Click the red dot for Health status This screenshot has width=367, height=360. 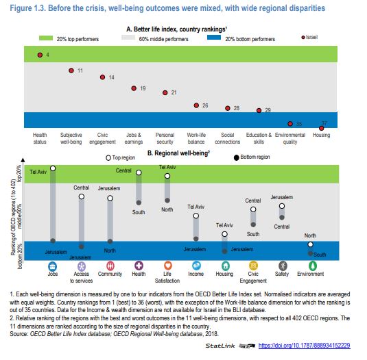(40, 55)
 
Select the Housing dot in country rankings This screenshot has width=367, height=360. (321, 128)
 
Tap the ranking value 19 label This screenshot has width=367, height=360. (143, 88)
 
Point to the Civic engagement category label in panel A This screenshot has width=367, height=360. (102, 138)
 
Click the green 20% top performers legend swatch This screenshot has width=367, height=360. (46, 38)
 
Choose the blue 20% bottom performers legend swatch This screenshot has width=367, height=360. (214, 38)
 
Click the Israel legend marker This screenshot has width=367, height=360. (303, 38)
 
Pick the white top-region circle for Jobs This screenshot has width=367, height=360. (53, 168)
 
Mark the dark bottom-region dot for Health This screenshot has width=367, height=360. (139, 203)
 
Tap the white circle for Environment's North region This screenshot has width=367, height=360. (310, 244)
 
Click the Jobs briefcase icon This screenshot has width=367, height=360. (52, 266)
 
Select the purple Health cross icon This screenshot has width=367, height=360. (139, 266)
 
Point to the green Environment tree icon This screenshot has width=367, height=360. (313, 266)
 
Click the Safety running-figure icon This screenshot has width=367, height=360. (283, 266)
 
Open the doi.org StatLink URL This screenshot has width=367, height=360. (305, 346)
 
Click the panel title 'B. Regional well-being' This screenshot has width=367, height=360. (178, 153)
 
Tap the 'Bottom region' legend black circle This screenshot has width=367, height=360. (237, 158)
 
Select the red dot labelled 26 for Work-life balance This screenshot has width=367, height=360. (196, 105)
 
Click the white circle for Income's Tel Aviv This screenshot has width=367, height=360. (196, 216)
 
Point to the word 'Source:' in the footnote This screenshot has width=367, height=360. (19, 334)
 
